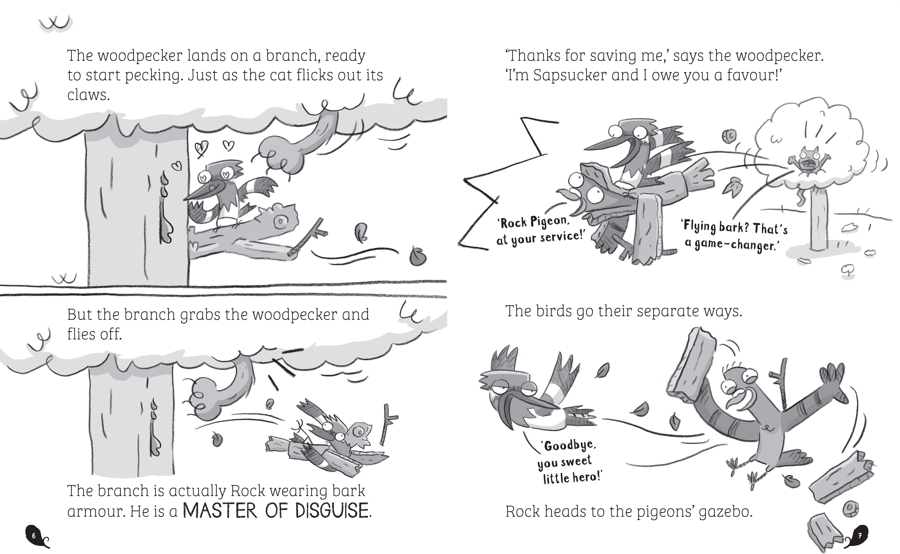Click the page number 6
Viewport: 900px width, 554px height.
[34, 536]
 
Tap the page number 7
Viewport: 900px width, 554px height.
[860, 536]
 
